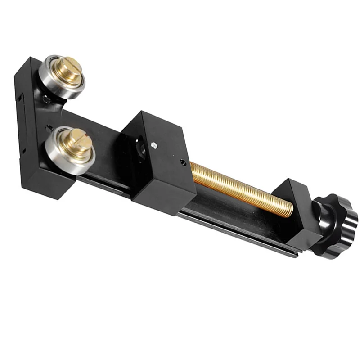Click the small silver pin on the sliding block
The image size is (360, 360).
(154, 145)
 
